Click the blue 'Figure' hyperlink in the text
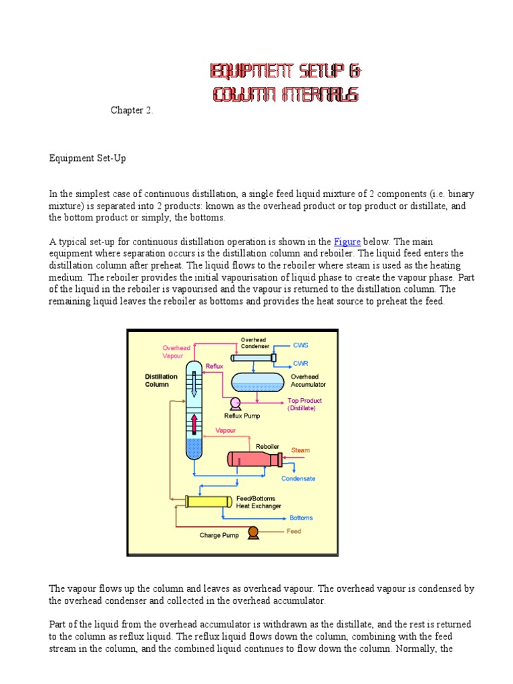coord(347,242)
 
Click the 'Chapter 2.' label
coord(132,110)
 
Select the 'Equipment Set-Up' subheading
coord(88,158)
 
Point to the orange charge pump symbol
coord(253,532)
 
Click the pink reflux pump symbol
coord(234,403)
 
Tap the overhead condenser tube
coord(254,357)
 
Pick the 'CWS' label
coord(301,345)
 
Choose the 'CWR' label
coord(301,363)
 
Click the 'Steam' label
coord(301,450)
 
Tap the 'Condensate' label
coord(298,478)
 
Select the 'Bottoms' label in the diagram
coord(301,518)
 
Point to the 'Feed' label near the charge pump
coord(294,531)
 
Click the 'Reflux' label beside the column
coord(214,366)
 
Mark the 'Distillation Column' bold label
coord(161,381)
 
